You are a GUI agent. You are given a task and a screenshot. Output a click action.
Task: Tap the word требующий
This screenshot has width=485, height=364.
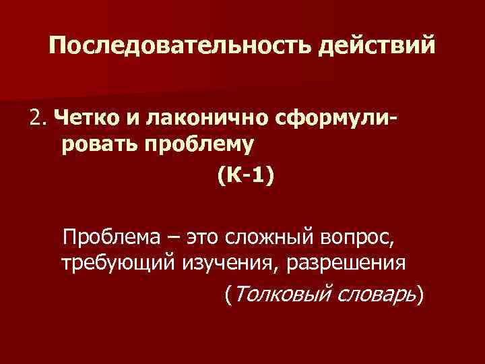coord(119,263)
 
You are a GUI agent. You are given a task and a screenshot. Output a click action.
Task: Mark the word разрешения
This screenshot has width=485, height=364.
coord(346,263)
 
